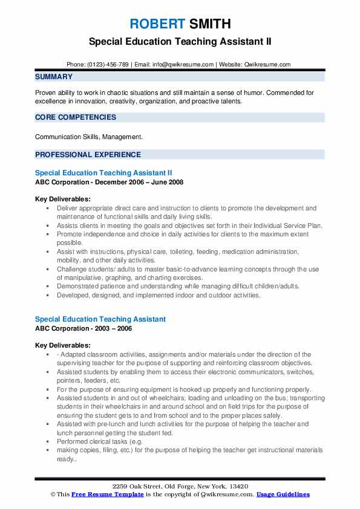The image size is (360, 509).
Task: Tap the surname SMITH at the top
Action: pyautogui.click(x=209, y=24)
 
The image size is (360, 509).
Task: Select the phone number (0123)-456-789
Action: pyautogui.click(x=107, y=64)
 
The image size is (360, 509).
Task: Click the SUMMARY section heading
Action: pyautogui.click(x=54, y=77)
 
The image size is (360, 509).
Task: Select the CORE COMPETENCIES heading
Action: pyautogui.click(x=76, y=117)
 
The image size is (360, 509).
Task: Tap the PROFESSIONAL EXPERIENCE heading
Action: pyautogui.click(x=88, y=154)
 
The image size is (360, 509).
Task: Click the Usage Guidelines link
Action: pyautogui.click(x=283, y=494)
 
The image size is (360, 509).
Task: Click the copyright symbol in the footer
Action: pyautogui.click(x=53, y=494)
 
